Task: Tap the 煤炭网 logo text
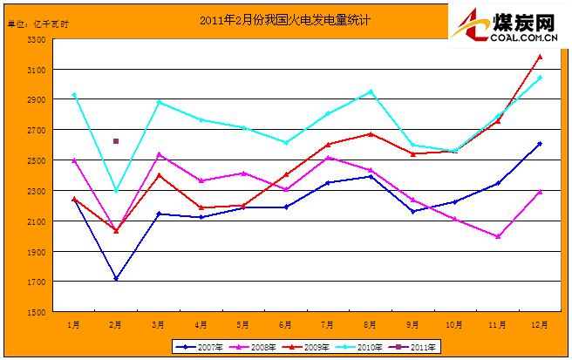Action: pyautogui.click(x=522, y=20)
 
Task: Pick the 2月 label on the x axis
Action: pyautogui.click(x=116, y=323)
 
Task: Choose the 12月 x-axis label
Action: pyautogui.click(x=540, y=323)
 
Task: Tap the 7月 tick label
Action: pyautogui.click(x=328, y=323)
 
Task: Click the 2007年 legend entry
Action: pyautogui.click(x=199, y=346)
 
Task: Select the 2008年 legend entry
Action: pyautogui.click(x=254, y=346)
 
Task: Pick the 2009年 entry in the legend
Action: pyautogui.click(x=309, y=346)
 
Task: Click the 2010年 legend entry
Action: pyautogui.click(x=364, y=346)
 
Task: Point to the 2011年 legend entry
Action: pyautogui.click(x=419, y=346)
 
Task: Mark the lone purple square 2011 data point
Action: pyautogui.click(x=116, y=141)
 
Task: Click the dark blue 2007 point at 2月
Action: pyautogui.click(x=116, y=279)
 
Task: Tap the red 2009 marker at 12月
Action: pyautogui.click(x=540, y=58)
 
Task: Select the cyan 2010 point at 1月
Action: pyautogui.click(x=74, y=95)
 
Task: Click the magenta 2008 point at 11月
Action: pyautogui.click(x=497, y=236)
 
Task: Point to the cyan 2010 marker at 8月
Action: pyautogui.click(x=371, y=92)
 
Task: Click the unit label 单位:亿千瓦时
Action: pyautogui.click(x=37, y=22)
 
